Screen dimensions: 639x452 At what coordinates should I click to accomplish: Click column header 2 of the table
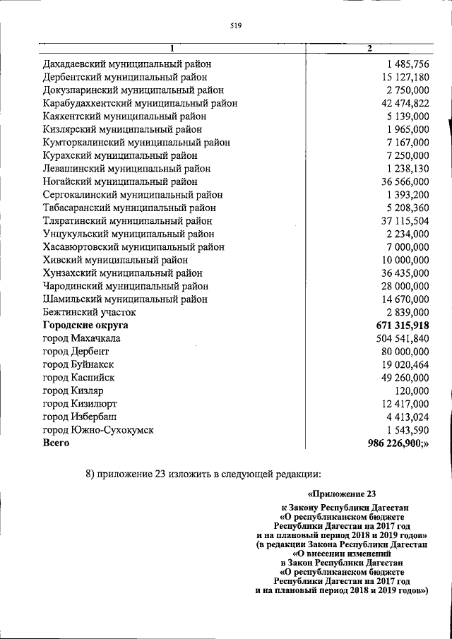(x=368, y=49)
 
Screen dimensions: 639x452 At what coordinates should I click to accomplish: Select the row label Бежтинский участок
(x=89, y=311)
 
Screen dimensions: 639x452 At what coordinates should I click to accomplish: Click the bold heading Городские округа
(x=86, y=325)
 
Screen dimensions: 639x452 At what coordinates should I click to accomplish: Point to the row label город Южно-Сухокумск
(x=97, y=429)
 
